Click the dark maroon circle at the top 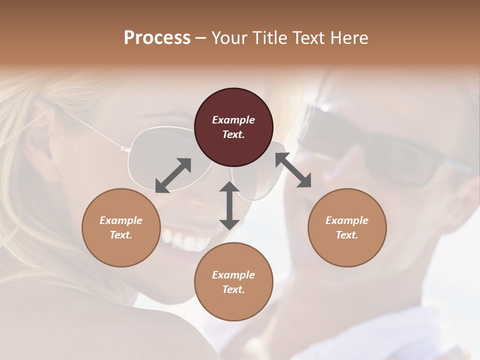coord(233,127)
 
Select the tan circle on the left coord(121,227)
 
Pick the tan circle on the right coord(347,227)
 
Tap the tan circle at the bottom coord(233,282)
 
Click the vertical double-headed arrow coord(229,205)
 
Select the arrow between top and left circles coord(173,175)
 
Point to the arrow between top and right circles coord(293,170)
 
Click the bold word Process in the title coord(157,37)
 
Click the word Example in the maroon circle coord(233,120)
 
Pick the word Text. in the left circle coord(121,235)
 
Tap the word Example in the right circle coord(347,220)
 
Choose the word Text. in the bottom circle coord(233,289)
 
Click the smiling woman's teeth coord(185,241)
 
